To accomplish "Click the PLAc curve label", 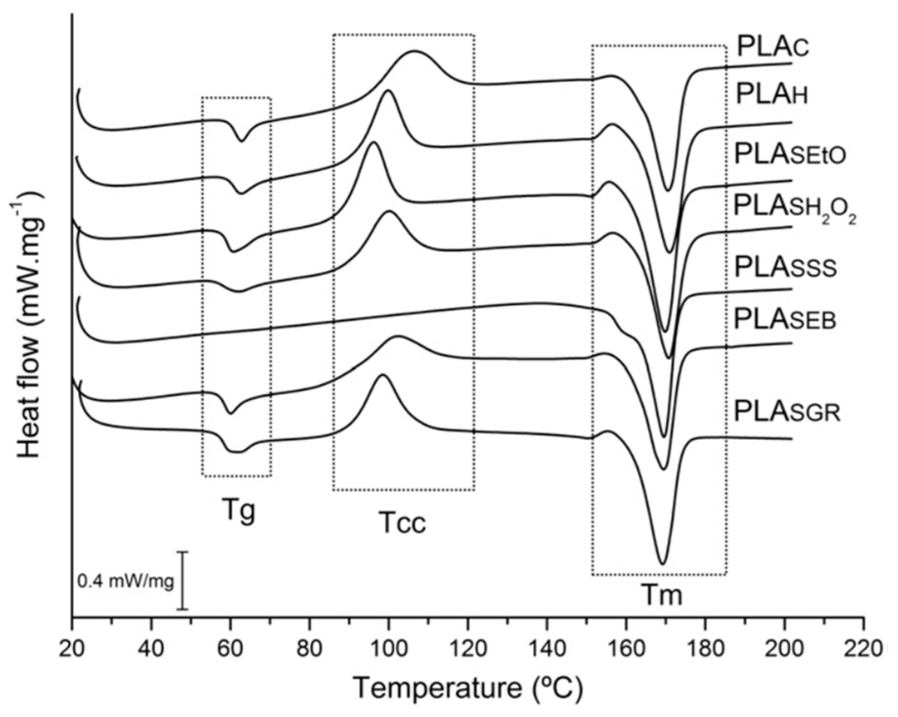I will tap(772, 48).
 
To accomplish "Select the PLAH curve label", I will tap(772, 95).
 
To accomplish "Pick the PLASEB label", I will tap(785, 320).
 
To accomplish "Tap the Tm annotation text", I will tap(661, 595).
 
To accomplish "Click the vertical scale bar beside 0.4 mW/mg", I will tap(182, 580).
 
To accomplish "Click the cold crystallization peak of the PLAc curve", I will tap(413, 51).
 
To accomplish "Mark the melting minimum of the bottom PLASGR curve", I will tap(662, 564).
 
